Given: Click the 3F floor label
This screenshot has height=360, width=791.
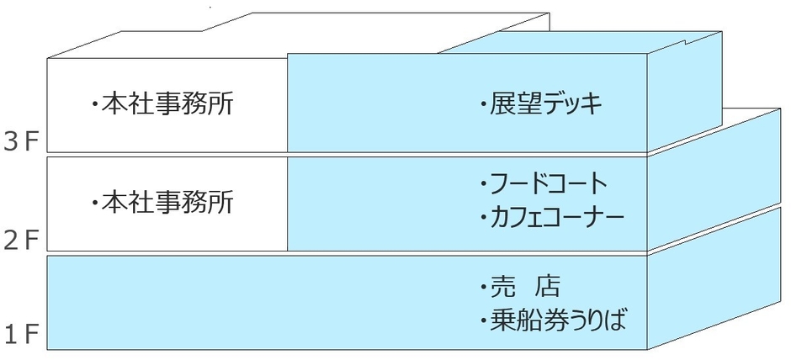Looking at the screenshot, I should [x=22, y=140].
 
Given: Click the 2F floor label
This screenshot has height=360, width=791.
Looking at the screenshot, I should [x=22, y=241].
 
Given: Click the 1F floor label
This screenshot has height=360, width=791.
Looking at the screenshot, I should [x=22, y=337].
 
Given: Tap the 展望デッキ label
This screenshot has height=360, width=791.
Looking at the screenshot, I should [x=547, y=105].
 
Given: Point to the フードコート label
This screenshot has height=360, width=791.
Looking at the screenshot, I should [x=548, y=183].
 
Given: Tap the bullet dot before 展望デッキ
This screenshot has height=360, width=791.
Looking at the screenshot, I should [x=483, y=106].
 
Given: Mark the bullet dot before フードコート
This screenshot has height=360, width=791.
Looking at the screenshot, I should [x=483, y=184].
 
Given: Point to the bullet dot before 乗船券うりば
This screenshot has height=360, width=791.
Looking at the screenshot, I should [x=483, y=321].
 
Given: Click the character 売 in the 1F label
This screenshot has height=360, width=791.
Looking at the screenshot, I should [x=502, y=287].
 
